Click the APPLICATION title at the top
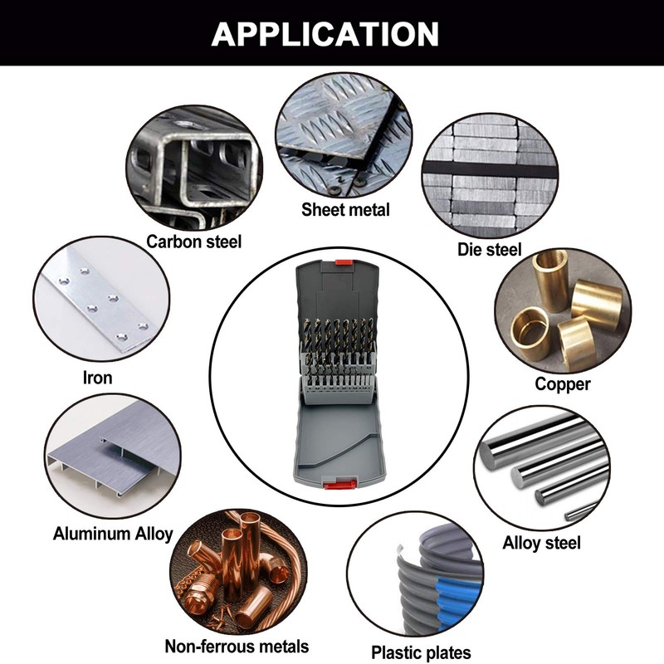[x=325, y=33]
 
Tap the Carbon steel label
[x=194, y=242]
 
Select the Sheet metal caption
[x=345, y=210]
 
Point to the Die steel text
[x=489, y=250]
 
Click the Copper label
[x=563, y=384]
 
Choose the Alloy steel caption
[x=541, y=543]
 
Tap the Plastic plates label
[x=421, y=652]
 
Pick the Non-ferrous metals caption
[x=237, y=647]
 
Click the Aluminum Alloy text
[x=113, y=534]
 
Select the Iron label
[x=97, y=378]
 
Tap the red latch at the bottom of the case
[x=339, y=485]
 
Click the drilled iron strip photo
[x=101, y=300]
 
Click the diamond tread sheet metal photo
[x=344, y=135]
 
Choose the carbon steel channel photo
[x=194, y=168]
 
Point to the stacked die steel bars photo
[x=490, y=175]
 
